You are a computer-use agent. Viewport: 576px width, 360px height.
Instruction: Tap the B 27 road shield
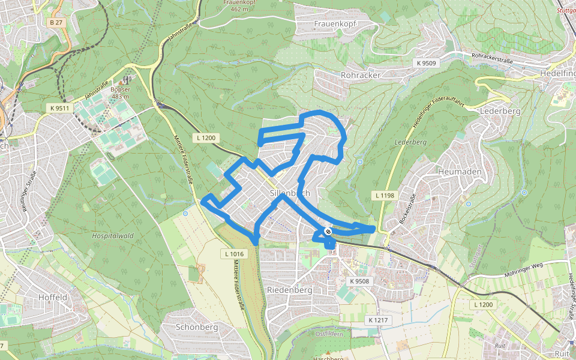[x=56, y=22]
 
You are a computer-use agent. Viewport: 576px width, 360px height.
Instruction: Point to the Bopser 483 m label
[x=120, y=93]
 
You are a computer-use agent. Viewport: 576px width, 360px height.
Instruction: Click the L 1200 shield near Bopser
[x=205, y=138]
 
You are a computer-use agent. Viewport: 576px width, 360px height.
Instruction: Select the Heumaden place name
[x=460, y=172]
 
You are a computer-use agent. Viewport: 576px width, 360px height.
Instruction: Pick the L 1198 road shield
[x=385, y=196]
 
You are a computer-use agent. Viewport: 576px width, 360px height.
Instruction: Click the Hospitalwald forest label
[x=113, y=236]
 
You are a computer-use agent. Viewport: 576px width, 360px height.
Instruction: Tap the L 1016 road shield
[x=234, y=254]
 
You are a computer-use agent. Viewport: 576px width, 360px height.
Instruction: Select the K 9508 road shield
[x=360, y=281]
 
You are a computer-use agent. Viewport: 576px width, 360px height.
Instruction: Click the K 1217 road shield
[x=379, y=320]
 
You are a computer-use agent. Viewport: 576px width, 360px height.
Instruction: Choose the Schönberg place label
[x=197, y=328]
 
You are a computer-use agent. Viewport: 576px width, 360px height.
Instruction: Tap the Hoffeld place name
[x=52, y=297]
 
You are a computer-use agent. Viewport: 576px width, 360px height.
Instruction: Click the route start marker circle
[x=328, y=231]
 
